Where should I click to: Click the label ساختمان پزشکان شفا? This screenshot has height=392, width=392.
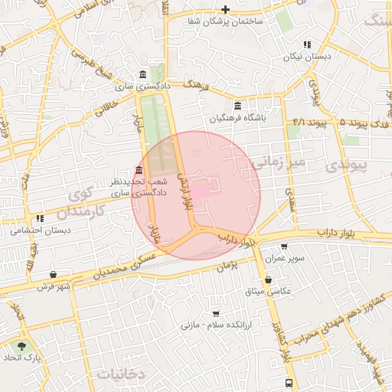pos(225,21)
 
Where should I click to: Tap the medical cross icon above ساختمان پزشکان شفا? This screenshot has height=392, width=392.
pos(225,10)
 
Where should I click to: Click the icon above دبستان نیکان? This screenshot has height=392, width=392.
pos(307,45)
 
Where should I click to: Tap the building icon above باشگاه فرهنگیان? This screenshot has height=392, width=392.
pos(237,106)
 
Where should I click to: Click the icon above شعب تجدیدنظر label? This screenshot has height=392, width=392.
pos(139,170)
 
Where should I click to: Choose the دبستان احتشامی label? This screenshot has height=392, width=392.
pos(41,230)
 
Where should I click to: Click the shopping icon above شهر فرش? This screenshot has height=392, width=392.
pos(53,275)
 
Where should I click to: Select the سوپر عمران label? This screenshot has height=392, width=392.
pos(285,259)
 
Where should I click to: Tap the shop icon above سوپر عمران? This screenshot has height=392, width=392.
pos(285,247)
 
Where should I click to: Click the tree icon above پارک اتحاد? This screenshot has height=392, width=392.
pos(21,346)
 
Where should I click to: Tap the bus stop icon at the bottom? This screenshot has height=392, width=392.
pos(289,382)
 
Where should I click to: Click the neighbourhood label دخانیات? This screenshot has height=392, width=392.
pos(121,374)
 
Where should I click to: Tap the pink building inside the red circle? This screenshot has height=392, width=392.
pos(201,191)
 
